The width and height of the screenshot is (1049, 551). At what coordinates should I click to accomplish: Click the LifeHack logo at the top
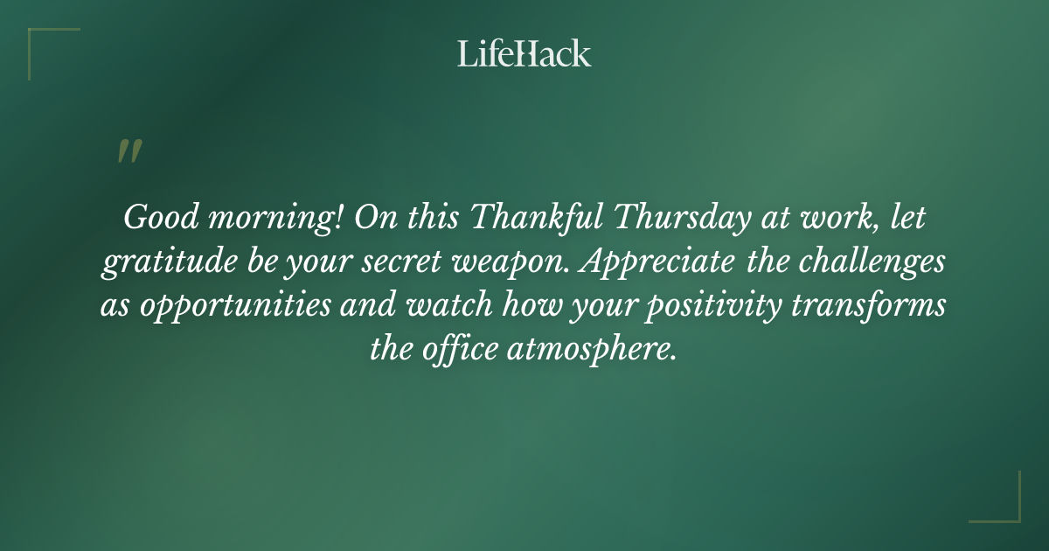click(524, 53)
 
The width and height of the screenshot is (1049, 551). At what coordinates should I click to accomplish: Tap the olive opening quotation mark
click(129, 152)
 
